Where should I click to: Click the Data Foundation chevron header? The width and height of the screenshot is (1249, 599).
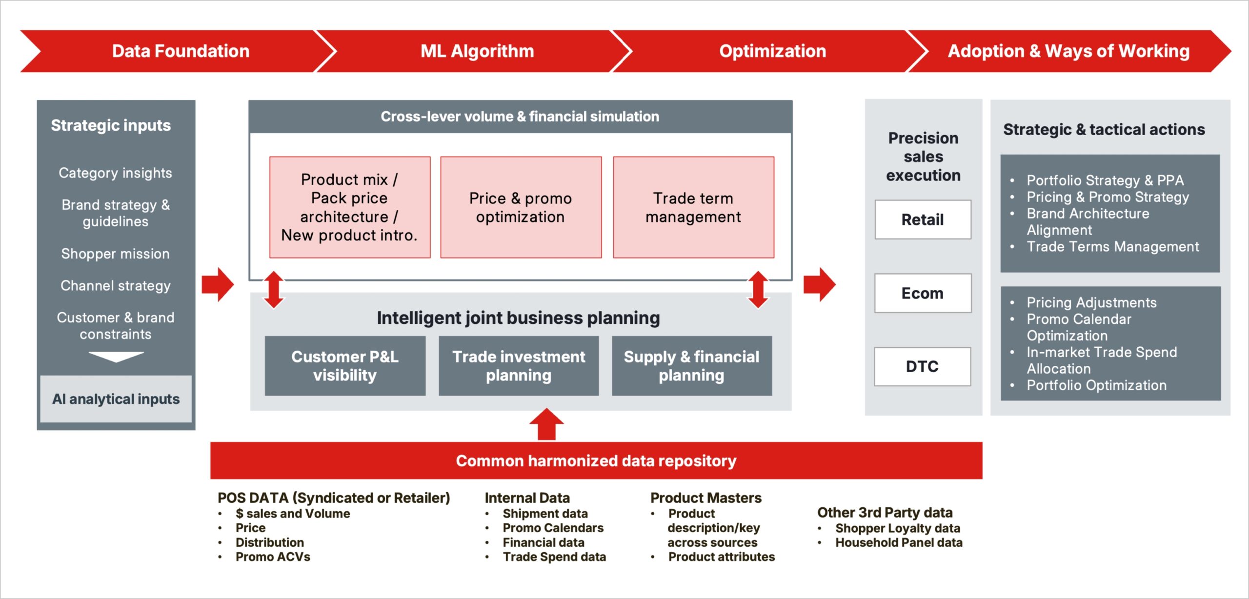181,51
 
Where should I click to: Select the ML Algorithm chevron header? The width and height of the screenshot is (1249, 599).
477,51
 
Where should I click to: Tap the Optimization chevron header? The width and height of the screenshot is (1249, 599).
772,51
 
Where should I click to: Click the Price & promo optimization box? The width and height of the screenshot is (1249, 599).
521,207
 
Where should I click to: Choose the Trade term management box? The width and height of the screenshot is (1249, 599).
693,207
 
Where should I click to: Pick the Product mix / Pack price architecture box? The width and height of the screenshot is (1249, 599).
349,207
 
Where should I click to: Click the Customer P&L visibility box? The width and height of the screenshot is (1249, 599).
345,366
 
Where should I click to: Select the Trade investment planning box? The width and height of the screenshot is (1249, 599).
519,366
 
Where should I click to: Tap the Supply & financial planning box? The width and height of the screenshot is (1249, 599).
691,366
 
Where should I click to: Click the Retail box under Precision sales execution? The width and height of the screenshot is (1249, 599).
923,220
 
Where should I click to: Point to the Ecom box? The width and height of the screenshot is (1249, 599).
923,293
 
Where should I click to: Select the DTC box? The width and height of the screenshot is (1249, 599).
922,366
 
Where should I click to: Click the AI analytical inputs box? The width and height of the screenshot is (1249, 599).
116,399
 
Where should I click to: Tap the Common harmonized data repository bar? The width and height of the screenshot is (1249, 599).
596,460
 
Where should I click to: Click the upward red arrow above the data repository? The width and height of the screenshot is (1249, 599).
546,424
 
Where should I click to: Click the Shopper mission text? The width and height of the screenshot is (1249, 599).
116,254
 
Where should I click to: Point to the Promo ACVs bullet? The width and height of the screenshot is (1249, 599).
272,557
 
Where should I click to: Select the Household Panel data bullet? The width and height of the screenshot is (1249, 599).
898,542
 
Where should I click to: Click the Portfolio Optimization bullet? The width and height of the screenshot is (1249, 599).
1096,385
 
